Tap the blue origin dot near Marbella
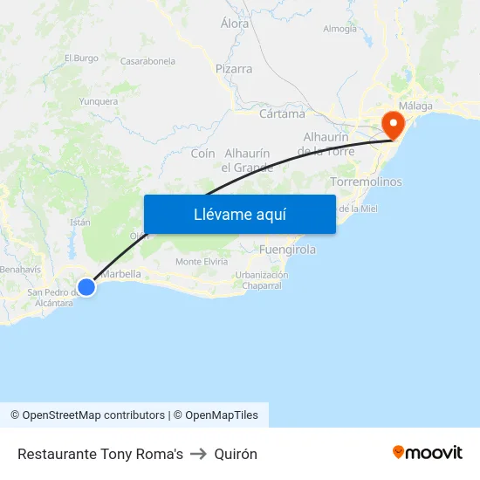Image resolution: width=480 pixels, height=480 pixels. pos(86,286)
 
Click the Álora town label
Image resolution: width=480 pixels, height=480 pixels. pos(235,24)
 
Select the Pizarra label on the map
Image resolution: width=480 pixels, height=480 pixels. pos(234,69)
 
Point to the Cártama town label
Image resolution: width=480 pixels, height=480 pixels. pos(282,113)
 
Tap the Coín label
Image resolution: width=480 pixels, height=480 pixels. pos(202,154)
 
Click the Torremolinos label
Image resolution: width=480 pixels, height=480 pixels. pos(367,182)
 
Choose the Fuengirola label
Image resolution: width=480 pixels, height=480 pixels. pos(287,250)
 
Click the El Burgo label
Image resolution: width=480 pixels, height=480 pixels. pos(81,58)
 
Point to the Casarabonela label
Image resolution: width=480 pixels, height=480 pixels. pos(147,62)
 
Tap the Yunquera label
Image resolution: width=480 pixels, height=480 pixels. pos(98,101)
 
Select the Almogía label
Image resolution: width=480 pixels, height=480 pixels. pos(339,29)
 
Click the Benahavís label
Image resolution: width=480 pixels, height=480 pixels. pos(20,270)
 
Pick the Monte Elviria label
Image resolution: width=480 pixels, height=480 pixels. pos(202,262)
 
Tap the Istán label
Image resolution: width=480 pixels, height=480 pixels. pos(80,223)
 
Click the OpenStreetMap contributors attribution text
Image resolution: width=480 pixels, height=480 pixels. pos(93,415)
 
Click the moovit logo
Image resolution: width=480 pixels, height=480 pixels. pos(428,453)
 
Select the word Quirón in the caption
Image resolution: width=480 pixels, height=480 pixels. pos(236,454)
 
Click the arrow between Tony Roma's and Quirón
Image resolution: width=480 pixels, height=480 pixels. pos(198,454)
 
